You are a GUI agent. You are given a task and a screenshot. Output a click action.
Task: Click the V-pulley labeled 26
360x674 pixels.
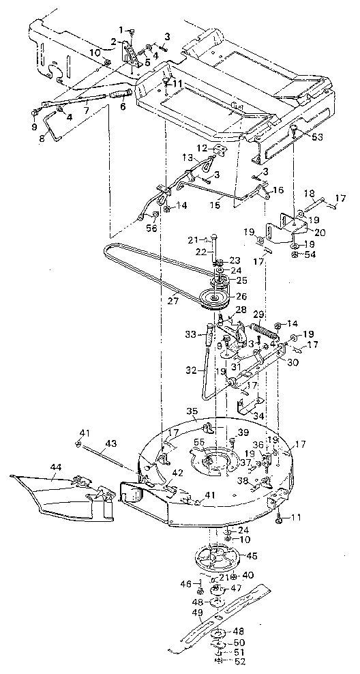[217, 297]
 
